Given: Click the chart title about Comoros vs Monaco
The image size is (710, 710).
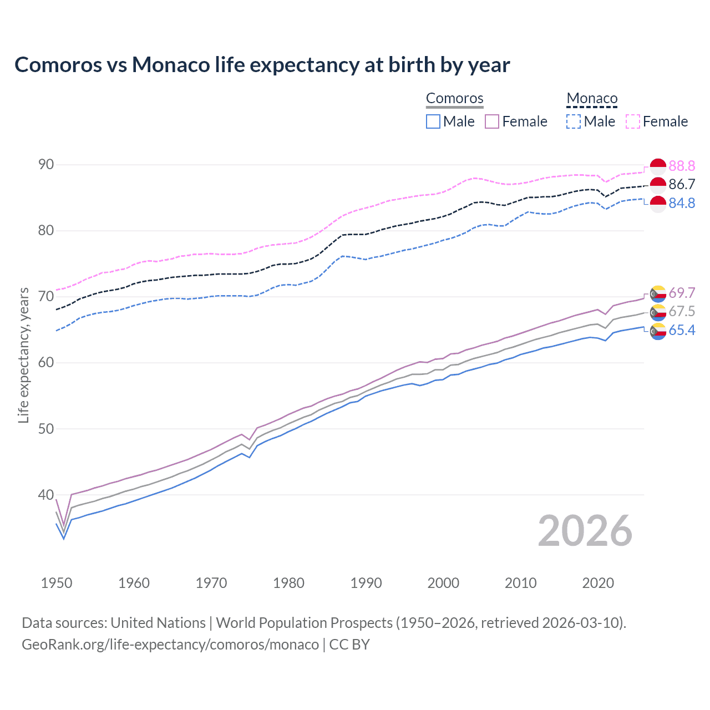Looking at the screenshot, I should [x=262, y=65].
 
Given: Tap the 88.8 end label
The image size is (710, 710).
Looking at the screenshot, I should [x=682, y=166].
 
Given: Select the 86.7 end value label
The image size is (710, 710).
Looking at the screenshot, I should [x=682, y=185].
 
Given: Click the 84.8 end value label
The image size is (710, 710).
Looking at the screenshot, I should [x=682, y=204].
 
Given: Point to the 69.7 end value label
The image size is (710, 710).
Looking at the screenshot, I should [x=682, y=293].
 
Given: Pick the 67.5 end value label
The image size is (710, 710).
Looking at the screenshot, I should [x=682, y=312].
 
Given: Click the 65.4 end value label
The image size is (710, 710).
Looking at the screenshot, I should [x=682, y=331].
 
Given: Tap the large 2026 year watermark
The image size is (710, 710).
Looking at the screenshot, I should [x=585, y=531].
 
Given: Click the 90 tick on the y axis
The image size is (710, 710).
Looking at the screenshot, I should [x=46, y=165].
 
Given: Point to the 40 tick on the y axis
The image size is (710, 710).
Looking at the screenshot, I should [x=46, y=495].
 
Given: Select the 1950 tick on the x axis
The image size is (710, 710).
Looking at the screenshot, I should [x=57, y=583].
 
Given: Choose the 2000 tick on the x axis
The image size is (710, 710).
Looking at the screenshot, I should [x=443, y=583].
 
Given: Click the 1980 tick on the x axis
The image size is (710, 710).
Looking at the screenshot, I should [x=288, y=583].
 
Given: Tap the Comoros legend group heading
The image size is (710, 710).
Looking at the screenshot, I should [x=454, y=98].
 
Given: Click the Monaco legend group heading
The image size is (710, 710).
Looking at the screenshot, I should [x=592, y=98].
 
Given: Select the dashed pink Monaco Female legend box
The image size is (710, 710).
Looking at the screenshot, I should [x=632, y=121].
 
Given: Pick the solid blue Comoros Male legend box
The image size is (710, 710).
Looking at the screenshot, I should [x=433, y=121].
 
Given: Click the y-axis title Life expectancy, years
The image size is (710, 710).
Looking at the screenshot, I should [x=23, y=355].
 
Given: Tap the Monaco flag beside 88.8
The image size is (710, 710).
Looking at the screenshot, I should [x=657, y=166].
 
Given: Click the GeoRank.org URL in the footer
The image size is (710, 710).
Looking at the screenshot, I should [x=170, y=645].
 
